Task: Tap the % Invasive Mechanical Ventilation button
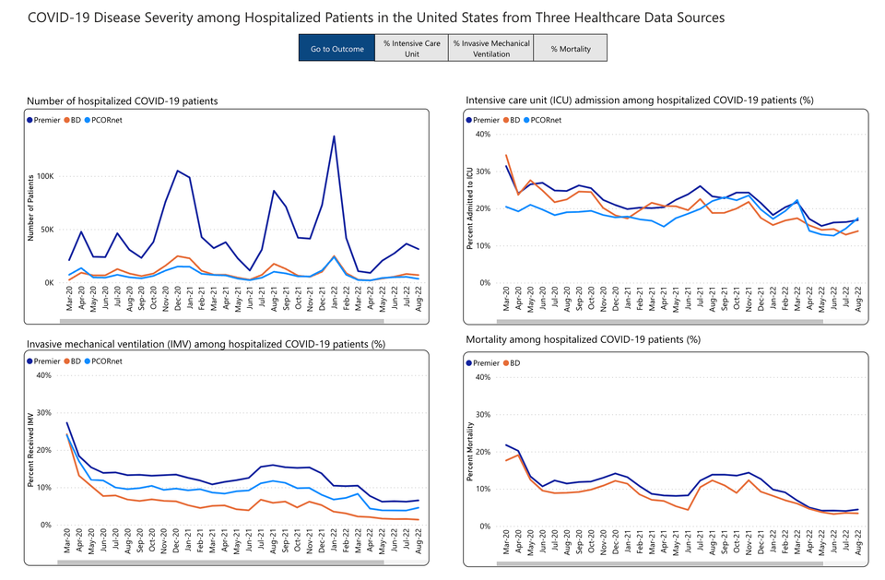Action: (491, 48)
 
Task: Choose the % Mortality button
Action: (570, 48)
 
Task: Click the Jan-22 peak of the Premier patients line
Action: (333, 136)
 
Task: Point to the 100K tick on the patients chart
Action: (45, 176)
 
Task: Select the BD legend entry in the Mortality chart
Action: (514, 362)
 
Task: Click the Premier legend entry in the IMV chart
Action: (46, 361)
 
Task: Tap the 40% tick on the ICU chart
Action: (480, 134)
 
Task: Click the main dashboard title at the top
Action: (376, 18)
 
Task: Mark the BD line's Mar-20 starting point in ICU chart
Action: (506, 155)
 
